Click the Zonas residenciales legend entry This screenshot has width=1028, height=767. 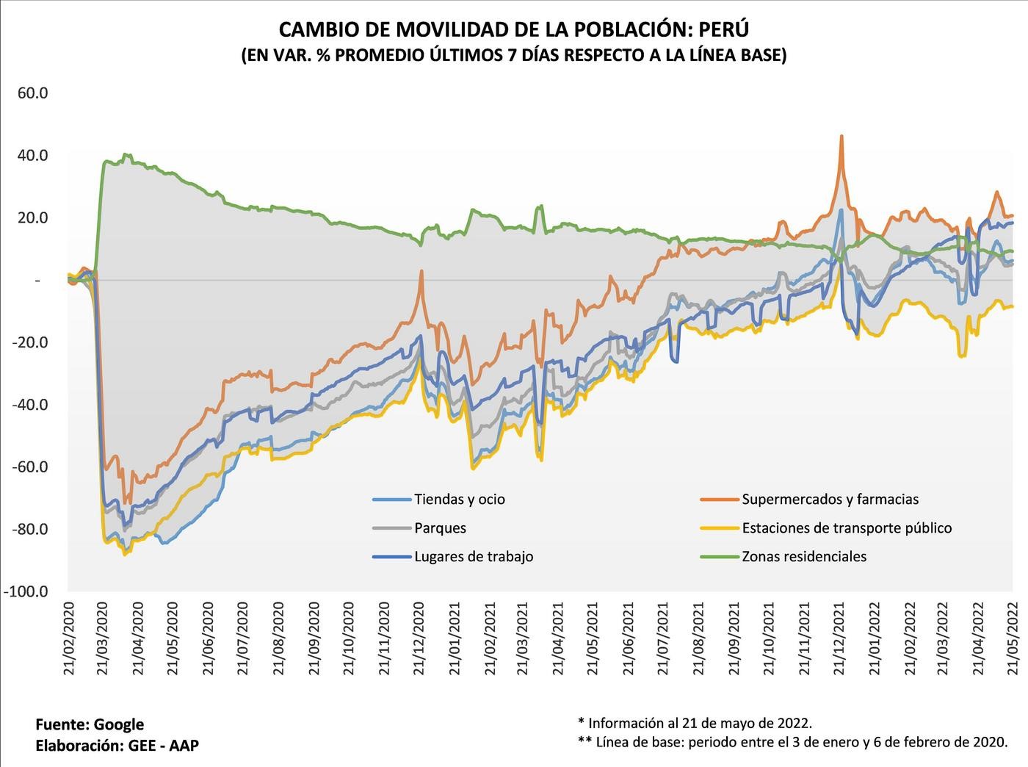pos(804,557)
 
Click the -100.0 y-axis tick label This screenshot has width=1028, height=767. pos(27,592)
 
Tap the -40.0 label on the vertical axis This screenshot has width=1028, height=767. pos(29,405)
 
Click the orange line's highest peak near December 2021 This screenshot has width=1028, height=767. pos(841,136)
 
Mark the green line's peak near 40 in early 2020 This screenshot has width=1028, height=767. pos(127,154)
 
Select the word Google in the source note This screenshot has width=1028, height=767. pos(119,725)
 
